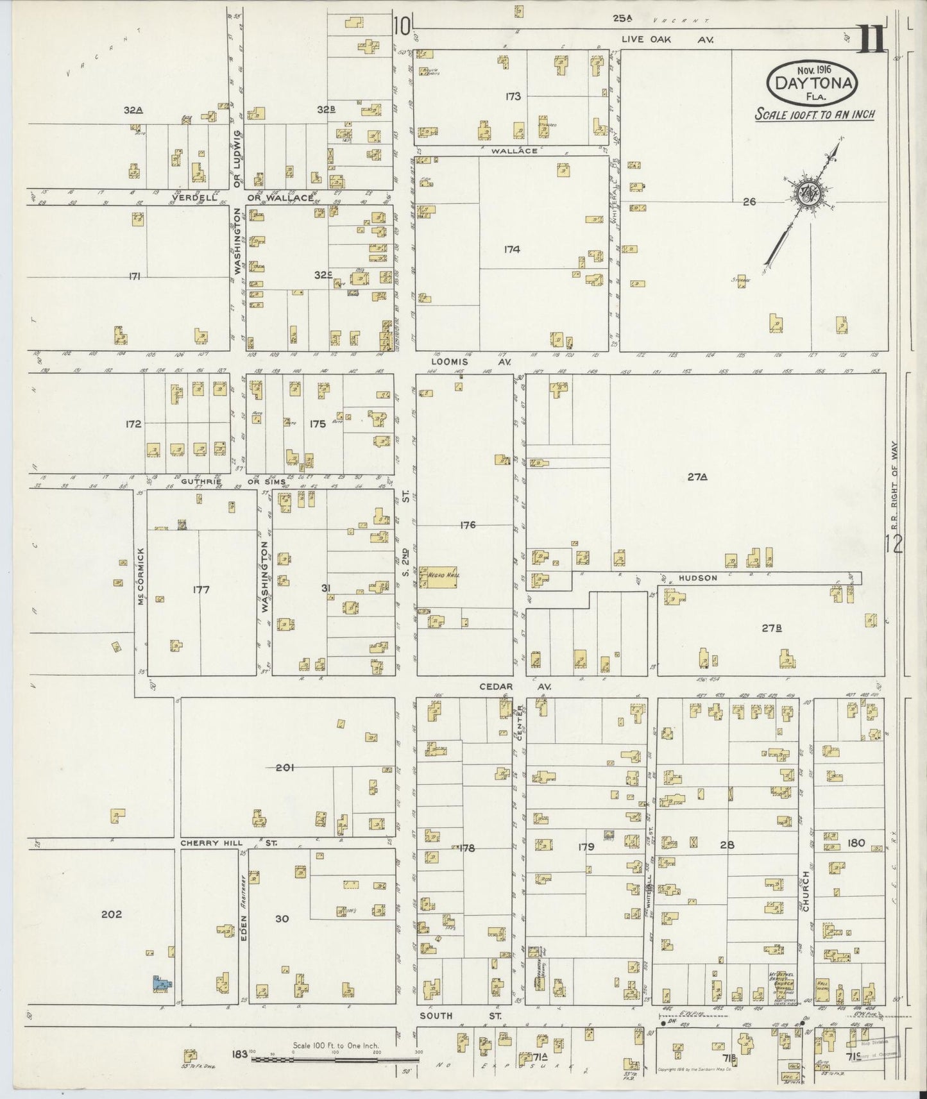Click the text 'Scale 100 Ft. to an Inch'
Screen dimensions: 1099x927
pyautogui.click(x=814, y=115)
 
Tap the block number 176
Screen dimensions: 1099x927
pyautogui.click(x=468, y=525)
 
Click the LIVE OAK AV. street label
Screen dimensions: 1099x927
pyautogui.click(x=667, y=40)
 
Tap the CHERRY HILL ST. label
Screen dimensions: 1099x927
pyautogui.click(x=228, y=843)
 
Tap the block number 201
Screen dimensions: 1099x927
pyautogui.click(x=285, y=767)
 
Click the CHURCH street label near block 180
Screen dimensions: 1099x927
pyautogui.click(x=806, y=891)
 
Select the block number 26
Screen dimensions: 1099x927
pyautogui.click(x=749, y=201)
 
